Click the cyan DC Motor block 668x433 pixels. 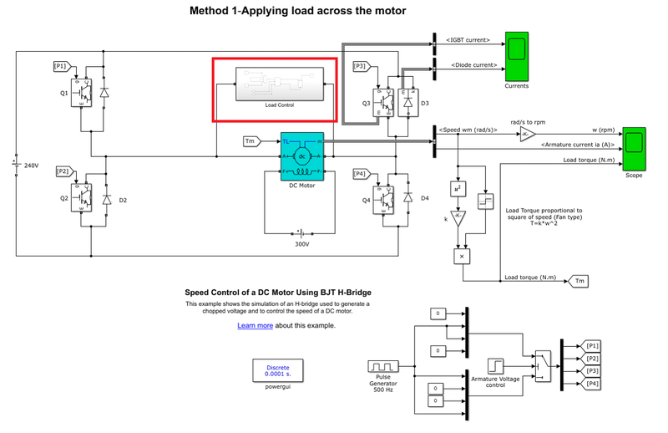coord(301,155)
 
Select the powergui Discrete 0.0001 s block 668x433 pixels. coord(277,370)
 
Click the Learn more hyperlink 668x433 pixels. coord(255,325)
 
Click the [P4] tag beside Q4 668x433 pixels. coord(360,174)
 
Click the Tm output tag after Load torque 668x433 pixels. coord(579,282)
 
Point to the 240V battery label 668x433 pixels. coord(32,166)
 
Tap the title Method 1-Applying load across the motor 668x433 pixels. coord(286,11)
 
